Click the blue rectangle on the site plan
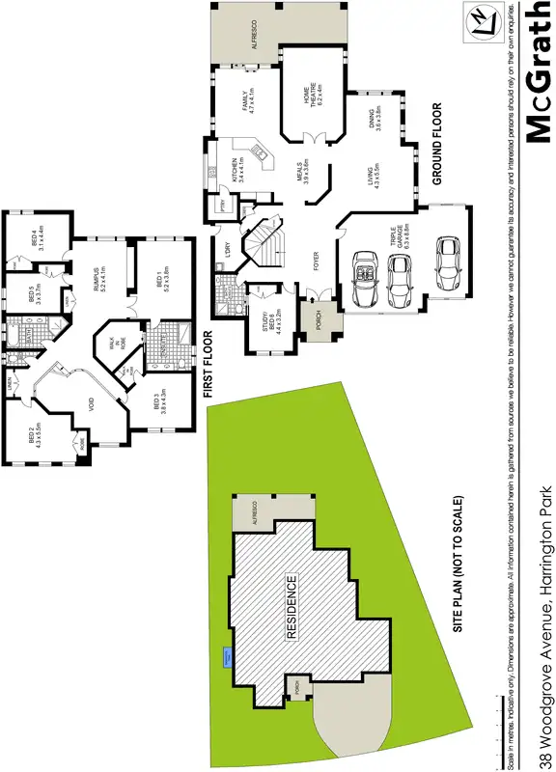(226, 658)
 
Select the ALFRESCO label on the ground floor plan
(255, 34)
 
